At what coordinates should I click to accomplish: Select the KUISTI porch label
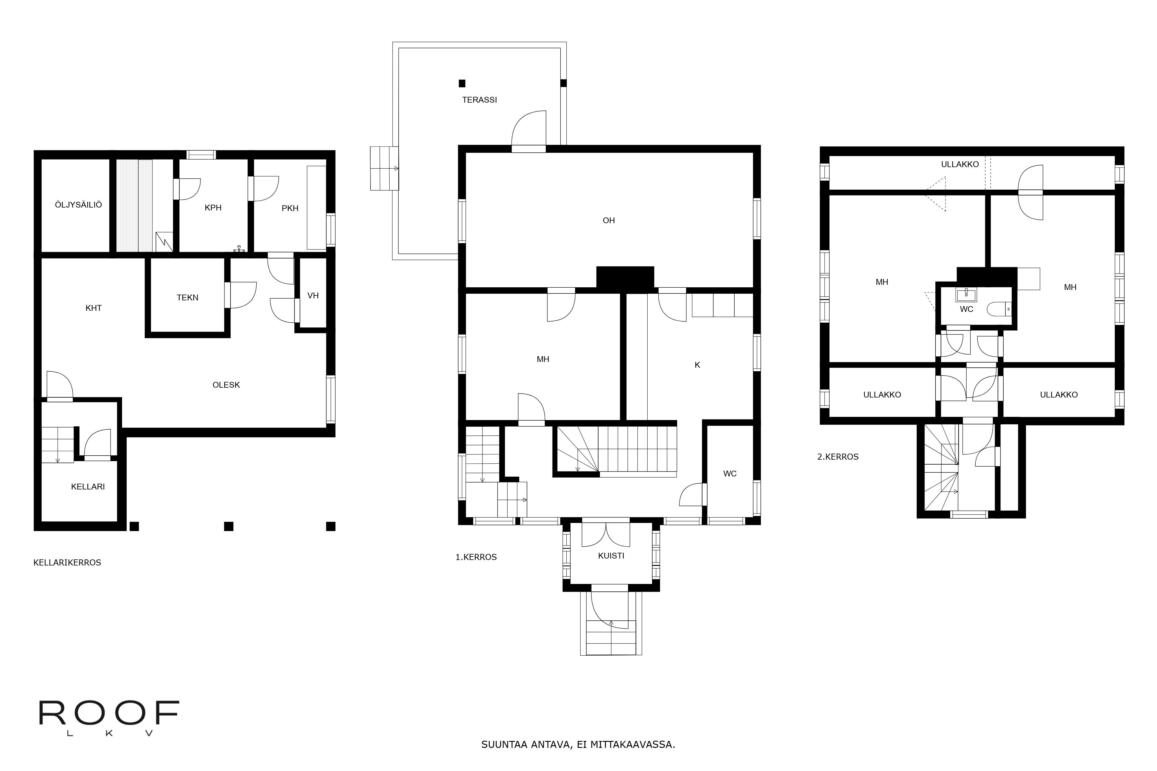pos(611,556)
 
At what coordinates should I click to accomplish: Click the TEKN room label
pos(187,297)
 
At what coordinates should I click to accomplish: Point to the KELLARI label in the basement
pos(88,487)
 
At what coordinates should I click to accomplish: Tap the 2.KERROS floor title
pos(838,457)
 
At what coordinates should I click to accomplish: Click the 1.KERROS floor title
pos(476,557)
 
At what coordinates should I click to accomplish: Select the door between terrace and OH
pos(529,130)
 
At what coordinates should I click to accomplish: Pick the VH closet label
pos(313,295)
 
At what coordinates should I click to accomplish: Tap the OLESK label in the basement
pos(226,385)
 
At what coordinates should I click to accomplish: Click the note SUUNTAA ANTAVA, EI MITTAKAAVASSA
pos(578,744)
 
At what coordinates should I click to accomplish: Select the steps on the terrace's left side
pos(384,168)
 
